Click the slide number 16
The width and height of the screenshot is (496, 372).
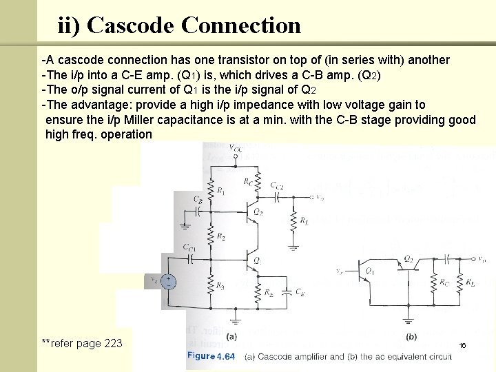462,344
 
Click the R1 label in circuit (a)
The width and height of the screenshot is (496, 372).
220,190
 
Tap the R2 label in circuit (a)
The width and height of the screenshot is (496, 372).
220,236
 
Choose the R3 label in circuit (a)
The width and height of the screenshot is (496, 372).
220,285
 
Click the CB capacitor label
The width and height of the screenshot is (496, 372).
198,199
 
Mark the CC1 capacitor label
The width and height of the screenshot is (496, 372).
189,247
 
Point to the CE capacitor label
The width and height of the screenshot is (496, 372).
298,291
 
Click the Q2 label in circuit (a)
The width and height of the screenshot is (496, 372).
258,211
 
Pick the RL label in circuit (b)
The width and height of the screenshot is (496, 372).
471,282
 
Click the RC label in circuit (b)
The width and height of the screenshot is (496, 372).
446,282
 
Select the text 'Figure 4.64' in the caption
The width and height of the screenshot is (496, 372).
211,356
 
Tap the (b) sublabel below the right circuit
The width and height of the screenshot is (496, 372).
411,338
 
